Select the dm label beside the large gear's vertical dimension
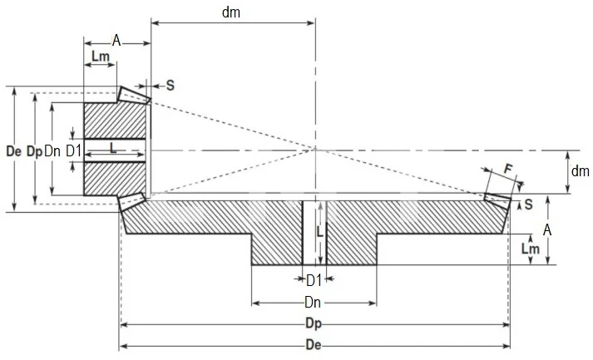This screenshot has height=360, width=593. (x=579, y=171)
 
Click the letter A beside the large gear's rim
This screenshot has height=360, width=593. (x=548, y=228)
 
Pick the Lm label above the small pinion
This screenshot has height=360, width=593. (x=100, y=56)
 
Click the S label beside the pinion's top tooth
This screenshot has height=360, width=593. (x=170, y=85)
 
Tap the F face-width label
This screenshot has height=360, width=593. (x=508, y=169)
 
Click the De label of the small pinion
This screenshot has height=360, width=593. (x=12, y=151)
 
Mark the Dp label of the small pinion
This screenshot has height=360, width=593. (x=33, y=151)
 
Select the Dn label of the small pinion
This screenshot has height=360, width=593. (x=52, y=151)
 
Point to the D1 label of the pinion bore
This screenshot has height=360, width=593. (x=73, y=151)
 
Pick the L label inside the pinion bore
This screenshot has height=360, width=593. (x=113, y=146)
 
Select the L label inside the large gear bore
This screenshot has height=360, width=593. (x=319, y=234)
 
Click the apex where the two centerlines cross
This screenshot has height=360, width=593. (x=315, y=150)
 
